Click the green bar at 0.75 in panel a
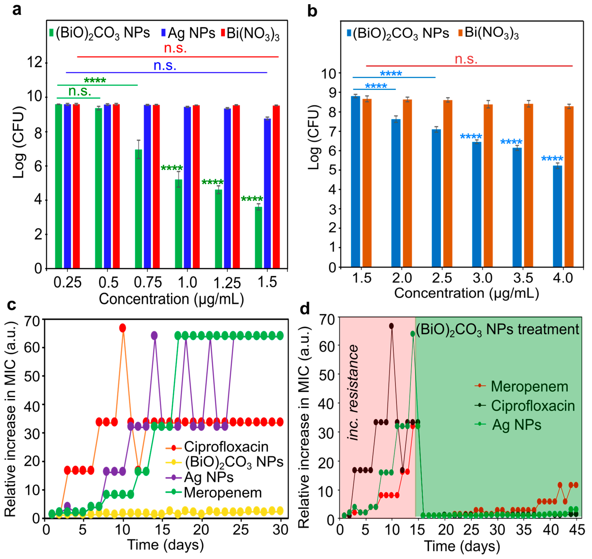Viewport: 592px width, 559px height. [138, 209]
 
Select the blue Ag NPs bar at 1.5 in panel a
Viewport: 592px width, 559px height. [267, 194]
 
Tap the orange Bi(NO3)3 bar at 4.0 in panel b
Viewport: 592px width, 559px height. [569, 186]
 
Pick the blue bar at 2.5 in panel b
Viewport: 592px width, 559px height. [436, 198]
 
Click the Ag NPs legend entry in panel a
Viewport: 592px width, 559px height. [188, 33]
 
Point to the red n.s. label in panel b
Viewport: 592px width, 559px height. [466, 59]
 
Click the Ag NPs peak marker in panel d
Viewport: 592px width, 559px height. [413, 334]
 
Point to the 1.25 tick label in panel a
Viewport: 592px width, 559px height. [227, 283]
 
